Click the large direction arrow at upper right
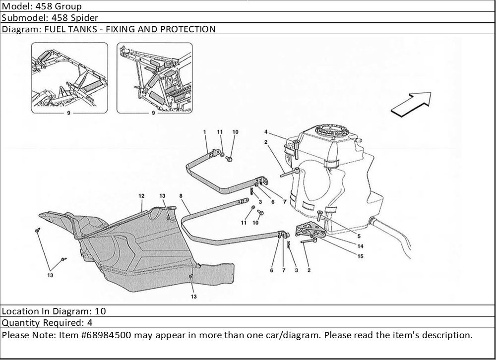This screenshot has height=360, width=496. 411,104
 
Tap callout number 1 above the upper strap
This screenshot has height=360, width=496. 204,131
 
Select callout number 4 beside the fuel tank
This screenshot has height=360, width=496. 266,132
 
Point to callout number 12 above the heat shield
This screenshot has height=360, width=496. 141,196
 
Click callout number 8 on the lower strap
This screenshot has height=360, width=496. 182,196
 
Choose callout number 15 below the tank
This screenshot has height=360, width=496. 360,256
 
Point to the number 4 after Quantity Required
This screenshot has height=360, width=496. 90,323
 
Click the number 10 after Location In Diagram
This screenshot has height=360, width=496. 100,311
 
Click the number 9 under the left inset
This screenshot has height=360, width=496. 68,113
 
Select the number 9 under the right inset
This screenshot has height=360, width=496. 153,113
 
